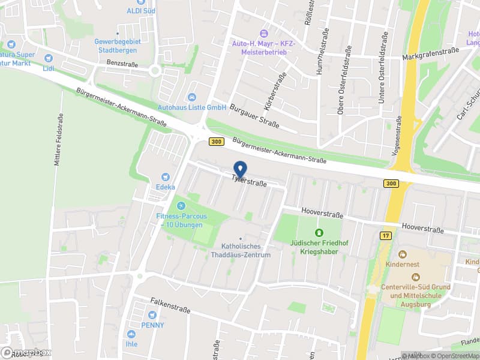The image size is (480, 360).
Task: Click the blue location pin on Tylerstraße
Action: pos(240,169)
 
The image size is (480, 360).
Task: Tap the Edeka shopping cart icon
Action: pos(165,177)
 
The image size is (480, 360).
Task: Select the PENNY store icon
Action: pos(152,315)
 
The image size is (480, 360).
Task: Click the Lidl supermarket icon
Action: pos(49,58)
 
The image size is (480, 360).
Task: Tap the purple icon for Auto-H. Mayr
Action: pos(262,32)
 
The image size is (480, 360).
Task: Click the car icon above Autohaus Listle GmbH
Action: pos(192,98)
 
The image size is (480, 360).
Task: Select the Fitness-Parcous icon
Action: pos(182,206)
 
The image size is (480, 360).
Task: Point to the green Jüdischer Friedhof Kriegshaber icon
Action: pos(319,232)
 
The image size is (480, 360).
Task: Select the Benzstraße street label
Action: pos(122,64)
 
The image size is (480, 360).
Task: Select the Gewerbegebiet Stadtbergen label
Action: pos(118,46)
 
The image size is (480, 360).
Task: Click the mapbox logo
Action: pos(26,353)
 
